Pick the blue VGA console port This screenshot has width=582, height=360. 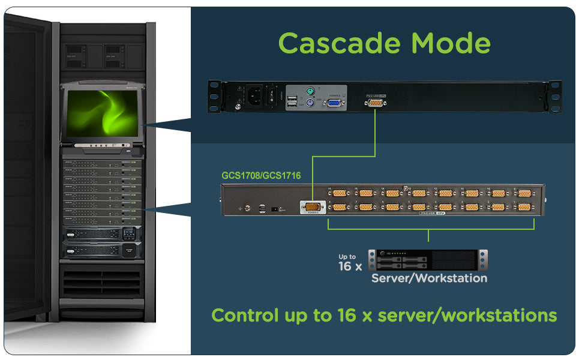(333, 103)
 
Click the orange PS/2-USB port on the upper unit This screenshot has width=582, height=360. (376, 103)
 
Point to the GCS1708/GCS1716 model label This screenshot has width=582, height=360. (261, 176)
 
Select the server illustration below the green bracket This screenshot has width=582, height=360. (428, 260)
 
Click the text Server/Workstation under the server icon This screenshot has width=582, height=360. (429, 278)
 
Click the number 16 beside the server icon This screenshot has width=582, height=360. (346, 266)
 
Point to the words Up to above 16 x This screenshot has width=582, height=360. (347, 257)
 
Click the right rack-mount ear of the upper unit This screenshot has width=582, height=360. (554, 96)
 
